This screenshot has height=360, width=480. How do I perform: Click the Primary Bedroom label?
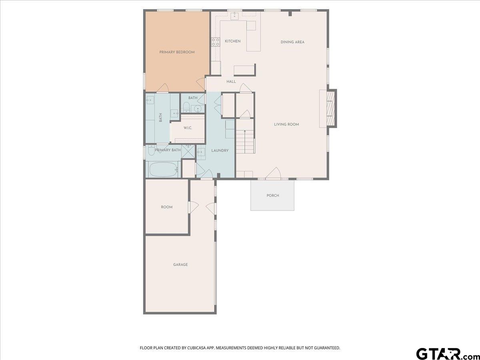[x=177, y=52]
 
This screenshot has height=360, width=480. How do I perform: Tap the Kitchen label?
[x=233, y=41]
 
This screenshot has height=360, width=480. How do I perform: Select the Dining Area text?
[x=292, y=42]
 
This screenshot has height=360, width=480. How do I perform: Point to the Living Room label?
[x=286, y=124]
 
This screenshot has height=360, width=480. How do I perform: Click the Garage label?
[x=180, y=265]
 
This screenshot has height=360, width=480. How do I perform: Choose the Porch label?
[x=273, y=196]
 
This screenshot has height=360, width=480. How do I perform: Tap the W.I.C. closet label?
[x=188, y=128]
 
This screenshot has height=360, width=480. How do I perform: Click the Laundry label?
[x=220, y=151]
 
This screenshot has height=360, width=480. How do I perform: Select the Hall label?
[x=231, y=82]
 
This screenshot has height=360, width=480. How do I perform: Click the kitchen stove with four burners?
[x=216, y=42]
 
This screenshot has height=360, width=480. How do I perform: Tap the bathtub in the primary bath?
[x=163, y=169]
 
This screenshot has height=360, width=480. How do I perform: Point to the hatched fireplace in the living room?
[x=330, y=108]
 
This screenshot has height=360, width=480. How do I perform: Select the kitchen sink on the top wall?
[x=235, y=16]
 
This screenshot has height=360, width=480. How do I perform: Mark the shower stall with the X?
[x=188, y=151]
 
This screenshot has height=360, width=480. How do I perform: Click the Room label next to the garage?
[x=167, y=207]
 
